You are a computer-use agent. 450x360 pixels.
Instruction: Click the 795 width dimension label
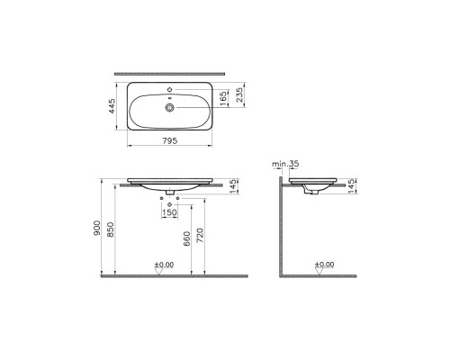[x=170, y=140]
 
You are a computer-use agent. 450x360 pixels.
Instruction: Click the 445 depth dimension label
[x=112, y=106]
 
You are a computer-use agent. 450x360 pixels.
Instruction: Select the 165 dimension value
[x=223, y=99]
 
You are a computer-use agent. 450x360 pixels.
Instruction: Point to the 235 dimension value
[x=239, y=94]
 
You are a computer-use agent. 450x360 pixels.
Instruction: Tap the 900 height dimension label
[x=96, y=228]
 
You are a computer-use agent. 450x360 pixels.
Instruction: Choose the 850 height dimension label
[x=111, y=229]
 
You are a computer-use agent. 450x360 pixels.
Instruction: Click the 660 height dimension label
[x=186, y=238]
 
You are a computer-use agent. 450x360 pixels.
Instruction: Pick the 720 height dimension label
[x=200, y=235]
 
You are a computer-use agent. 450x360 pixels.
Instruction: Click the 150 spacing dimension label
[x=169, y=212]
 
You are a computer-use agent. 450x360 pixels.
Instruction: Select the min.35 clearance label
[x=285, y=164]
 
